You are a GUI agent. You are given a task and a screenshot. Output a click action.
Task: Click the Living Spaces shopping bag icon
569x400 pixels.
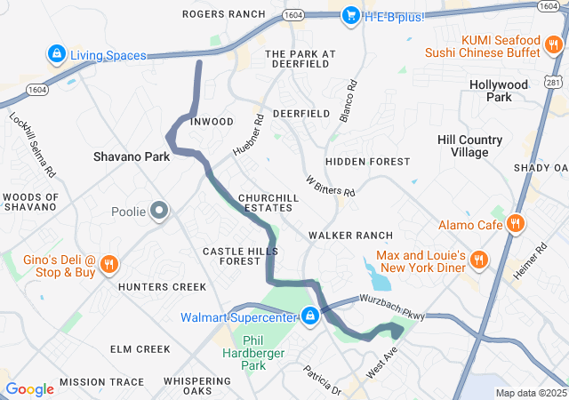57,55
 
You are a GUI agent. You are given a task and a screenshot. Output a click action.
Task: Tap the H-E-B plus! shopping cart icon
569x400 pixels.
350,15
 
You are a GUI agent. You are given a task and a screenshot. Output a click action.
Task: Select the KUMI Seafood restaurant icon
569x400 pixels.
551,46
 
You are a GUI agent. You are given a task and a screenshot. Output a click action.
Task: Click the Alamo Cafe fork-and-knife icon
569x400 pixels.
515,225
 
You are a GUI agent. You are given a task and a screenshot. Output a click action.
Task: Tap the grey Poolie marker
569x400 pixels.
159,211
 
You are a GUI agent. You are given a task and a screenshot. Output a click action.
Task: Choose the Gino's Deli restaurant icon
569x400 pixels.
108,264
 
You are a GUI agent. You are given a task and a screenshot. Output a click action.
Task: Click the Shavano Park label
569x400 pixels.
132,156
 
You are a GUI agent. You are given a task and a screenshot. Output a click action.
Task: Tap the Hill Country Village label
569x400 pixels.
470,146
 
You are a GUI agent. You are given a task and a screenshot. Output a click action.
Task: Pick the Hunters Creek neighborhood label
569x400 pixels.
162,286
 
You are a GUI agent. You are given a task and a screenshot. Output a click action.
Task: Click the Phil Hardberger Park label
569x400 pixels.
254,353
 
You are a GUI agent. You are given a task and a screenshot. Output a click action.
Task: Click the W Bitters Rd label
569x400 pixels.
330,186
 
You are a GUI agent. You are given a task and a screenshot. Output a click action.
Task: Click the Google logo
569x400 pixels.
29,389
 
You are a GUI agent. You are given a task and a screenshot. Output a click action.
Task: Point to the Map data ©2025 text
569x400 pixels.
530,393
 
